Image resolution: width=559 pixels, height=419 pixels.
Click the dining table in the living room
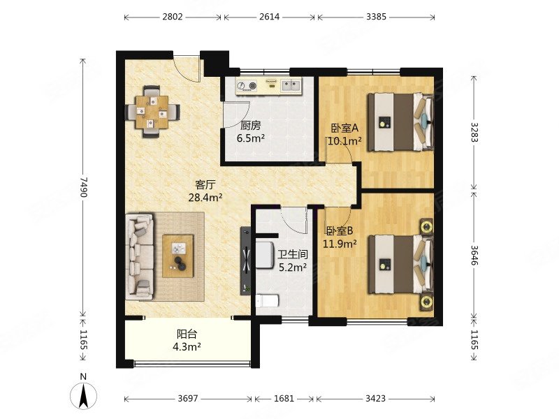click(x=152, y=112)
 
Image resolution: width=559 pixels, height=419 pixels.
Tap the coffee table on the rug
click(x=178, y=256)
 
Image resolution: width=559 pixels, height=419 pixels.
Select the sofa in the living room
click(x=140, y=256)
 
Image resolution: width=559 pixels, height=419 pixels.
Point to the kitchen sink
click(x=291, y=85)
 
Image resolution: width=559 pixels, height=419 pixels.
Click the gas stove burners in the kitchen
click(x=247, y=85)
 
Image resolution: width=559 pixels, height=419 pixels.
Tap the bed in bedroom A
click(x=400, y=122)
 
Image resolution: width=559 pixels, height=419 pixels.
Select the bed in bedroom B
click(x=400, y=265)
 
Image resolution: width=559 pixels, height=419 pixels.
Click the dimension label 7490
click(x=83, y=186)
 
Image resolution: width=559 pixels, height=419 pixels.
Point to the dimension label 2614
click(x=269, y=17)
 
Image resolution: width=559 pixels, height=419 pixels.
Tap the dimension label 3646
click(x=474, y=255)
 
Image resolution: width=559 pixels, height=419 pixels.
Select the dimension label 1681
click(x=284, y=398)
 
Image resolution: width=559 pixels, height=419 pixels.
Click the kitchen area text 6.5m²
click(x=251, y=138)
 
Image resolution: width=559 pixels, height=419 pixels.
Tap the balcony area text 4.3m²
click(x=187, y=346)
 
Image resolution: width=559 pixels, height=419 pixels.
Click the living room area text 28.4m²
click(x=205, y=197)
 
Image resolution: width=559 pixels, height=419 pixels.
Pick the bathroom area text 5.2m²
click(x=293, y=267)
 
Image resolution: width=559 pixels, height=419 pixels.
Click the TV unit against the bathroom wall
click(x=246, y=260)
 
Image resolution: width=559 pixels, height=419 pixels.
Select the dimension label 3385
click(x=376, y=17)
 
